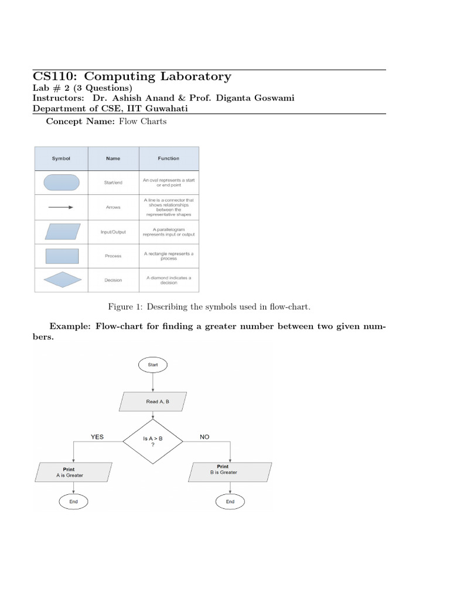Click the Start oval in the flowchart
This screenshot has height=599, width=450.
tap(153, 364)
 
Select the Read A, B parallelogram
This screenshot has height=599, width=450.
tap(153, 402)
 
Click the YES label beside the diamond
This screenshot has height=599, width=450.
tap(97, 436)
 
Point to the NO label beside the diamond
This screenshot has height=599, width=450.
tap(204, 436)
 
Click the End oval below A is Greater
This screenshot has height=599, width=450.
tap(73, 501)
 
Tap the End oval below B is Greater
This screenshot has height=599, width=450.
tap(230, 501)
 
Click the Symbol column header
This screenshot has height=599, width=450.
tap(61, 159)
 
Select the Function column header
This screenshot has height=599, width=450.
tap(169, 159)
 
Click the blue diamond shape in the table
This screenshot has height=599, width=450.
tap(62, 280)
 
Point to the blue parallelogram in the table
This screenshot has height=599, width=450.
tap(62, 232)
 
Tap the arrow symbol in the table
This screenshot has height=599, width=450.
tap(61, 207)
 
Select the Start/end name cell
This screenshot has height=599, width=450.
tap(113, 183)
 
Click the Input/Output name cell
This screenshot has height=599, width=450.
tap(113, 232)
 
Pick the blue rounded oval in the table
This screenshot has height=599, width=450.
tap(62, 183)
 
